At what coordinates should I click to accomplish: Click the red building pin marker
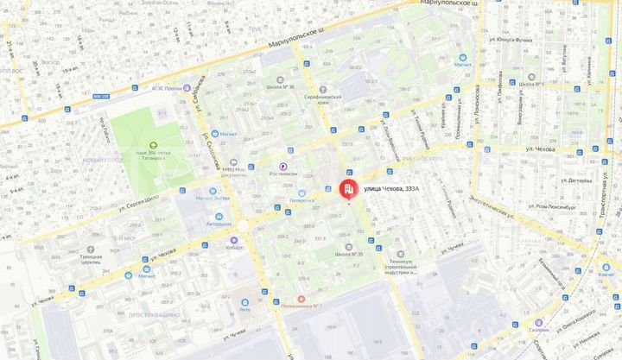click(x=349, y=189)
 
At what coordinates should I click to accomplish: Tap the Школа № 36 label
click(x=280, y=87)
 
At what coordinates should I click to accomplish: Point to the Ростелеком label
click(x=282, y=174)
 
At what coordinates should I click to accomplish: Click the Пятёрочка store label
click(x=301, y=199)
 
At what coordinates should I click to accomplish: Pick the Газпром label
click(x=538, y=330)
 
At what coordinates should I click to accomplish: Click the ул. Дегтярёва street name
click(x=575, y=180)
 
